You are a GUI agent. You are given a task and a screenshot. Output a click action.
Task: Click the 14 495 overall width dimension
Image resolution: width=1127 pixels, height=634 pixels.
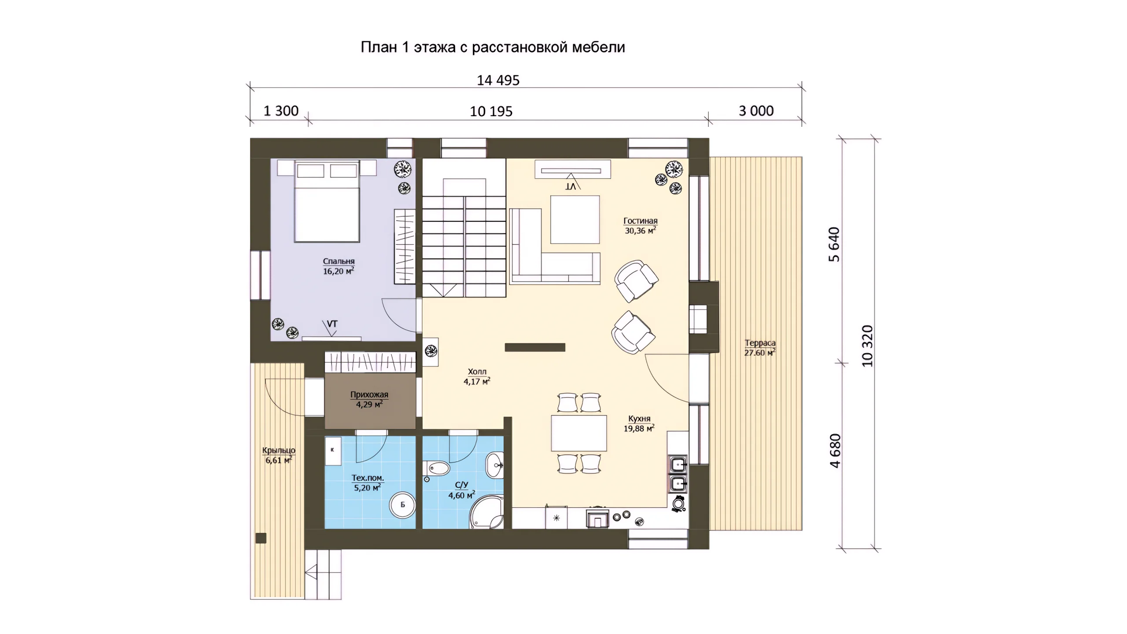click(x=498, y=80)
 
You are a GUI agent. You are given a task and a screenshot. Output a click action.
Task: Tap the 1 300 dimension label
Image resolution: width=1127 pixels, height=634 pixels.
click(x=281, y=111)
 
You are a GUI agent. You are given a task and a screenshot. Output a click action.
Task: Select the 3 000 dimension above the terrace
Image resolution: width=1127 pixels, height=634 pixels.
click(x=756, y=111)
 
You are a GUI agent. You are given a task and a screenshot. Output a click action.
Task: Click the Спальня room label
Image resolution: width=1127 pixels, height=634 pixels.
click(x=339, y=262)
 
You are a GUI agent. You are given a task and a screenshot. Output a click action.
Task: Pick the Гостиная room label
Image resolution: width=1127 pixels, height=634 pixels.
click(x=641, y=221)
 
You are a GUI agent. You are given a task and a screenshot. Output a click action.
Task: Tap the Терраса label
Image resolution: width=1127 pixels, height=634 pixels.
click(x=760, y=343)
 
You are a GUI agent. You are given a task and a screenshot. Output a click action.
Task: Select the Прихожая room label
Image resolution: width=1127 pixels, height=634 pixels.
click(x=369, y=395)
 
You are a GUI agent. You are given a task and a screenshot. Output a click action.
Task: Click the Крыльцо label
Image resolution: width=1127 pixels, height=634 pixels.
click(x=279, y=450)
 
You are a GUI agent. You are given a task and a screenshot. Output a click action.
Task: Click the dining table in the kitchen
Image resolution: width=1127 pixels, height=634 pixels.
click(x=578, y=433)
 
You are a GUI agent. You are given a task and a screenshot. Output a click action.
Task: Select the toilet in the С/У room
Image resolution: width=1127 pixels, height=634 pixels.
click(x=435, y=468)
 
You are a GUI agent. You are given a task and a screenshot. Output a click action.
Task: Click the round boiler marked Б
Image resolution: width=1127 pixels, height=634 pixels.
click(x=402, y=505)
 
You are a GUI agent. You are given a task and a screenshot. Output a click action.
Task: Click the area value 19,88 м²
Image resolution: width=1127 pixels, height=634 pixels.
click(x=639, y=428)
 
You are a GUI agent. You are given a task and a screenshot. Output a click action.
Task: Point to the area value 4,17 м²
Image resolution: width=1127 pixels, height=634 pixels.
click(x=477, y=382)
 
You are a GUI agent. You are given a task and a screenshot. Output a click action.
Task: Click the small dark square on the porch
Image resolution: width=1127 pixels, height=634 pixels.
click(x=261, y=538)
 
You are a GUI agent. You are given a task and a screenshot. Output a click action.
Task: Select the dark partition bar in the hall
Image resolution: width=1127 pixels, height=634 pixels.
click(x=535, y=347)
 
